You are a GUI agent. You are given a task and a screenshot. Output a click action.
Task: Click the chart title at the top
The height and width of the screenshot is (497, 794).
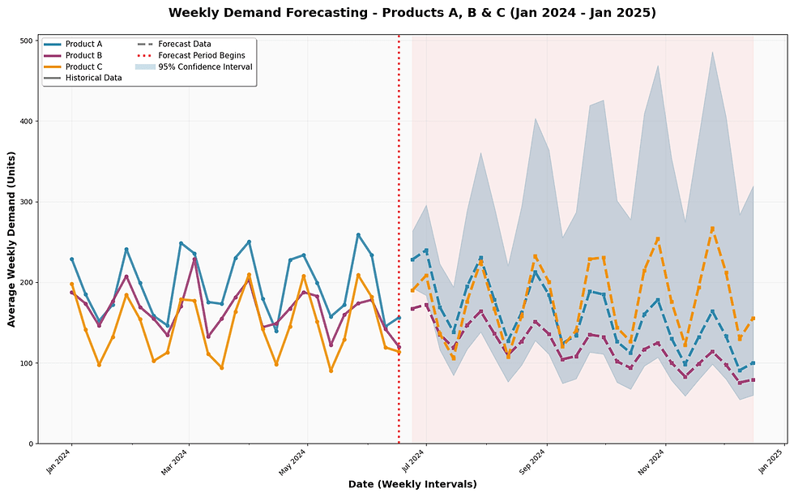[412, 13]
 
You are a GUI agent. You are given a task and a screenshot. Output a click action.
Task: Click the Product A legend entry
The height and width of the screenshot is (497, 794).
[85, 44]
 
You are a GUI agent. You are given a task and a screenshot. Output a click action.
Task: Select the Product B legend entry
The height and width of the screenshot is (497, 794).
[85, 55]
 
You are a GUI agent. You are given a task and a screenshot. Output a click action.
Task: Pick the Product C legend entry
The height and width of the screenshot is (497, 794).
[85, 66]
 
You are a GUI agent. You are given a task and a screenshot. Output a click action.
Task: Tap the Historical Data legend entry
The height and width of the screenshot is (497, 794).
[93, 78]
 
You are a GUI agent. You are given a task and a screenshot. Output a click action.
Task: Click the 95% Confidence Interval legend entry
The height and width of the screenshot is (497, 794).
[205, 66]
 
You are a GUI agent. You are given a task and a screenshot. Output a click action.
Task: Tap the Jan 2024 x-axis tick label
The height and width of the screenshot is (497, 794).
[58, 462]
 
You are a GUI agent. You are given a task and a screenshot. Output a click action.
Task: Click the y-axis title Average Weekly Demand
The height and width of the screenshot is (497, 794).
[11, 241]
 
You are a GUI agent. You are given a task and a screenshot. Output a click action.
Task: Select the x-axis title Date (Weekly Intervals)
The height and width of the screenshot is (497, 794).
[412, 484]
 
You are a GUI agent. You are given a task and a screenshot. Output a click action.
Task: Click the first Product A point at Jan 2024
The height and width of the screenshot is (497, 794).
[71, 259]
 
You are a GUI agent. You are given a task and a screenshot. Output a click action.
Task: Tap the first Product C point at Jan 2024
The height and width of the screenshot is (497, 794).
[71, 284]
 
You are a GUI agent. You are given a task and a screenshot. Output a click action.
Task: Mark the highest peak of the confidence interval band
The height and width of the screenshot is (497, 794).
[712, 52]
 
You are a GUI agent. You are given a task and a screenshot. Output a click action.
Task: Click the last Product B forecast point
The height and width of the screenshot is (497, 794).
[753, 379]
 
